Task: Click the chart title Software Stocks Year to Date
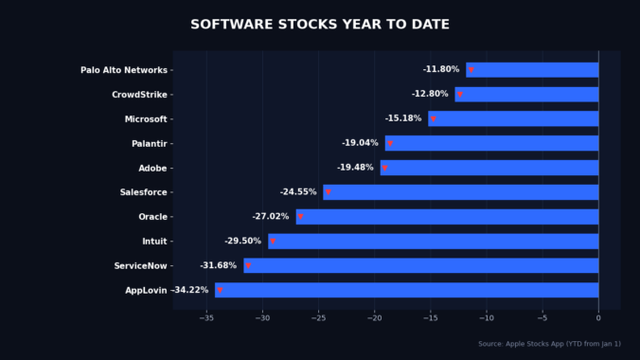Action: coord(320,25)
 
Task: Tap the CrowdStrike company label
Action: coord(139,95)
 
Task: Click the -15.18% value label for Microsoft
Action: coord(403,119)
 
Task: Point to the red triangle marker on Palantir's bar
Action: coord(390,144)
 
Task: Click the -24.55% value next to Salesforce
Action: coord(298,192)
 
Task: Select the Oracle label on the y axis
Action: coord(152,217)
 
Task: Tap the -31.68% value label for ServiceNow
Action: coord(219,266)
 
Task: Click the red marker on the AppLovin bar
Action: coord(220,291)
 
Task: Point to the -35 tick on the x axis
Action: coord(206,318)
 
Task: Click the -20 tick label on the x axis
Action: coord(374,318)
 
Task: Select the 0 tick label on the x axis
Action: coord(598,318)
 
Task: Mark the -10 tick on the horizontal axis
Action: coord(487,318)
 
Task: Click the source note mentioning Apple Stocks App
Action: coord(549,344)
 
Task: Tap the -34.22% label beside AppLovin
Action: coord(190,290)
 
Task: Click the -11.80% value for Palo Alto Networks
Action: coord(441,70)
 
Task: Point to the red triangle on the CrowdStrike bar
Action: coord(460,95)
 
